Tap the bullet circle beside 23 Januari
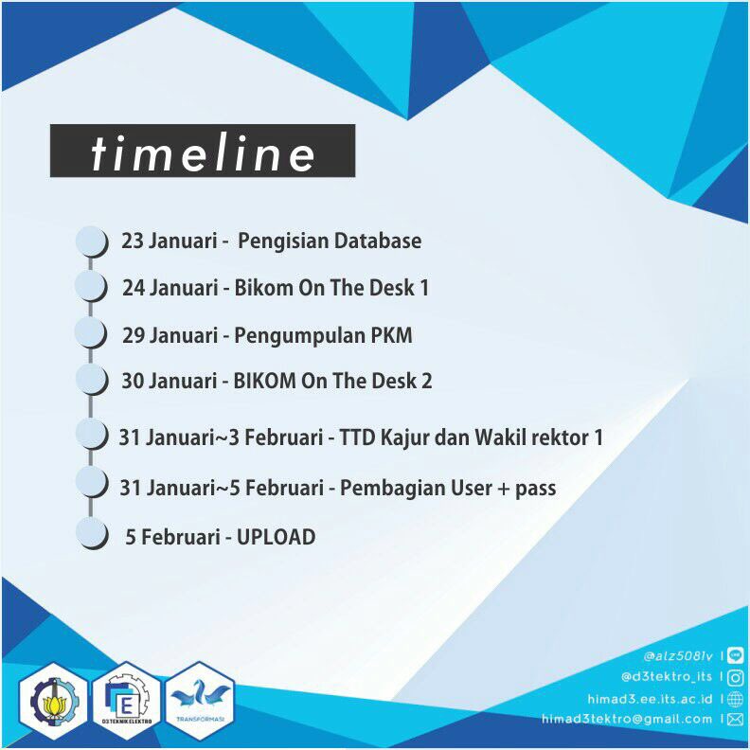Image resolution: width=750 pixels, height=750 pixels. coord(91,241)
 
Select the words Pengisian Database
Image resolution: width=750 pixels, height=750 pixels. coord(330,241)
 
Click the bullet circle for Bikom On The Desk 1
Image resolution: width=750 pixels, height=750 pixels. coord(91,287)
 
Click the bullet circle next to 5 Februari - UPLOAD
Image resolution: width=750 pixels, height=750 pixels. coord(91,533)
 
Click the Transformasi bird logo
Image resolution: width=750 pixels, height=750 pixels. coord(200,700)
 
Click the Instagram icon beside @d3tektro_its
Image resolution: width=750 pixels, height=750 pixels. coord(736,676)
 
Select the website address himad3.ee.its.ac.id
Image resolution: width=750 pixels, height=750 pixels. coord(650,698)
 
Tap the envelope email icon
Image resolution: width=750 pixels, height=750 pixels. coord(736,720)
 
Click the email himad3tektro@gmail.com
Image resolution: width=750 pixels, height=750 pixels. coord(626,720)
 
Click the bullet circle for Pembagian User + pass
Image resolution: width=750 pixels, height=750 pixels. coord(91,483)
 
